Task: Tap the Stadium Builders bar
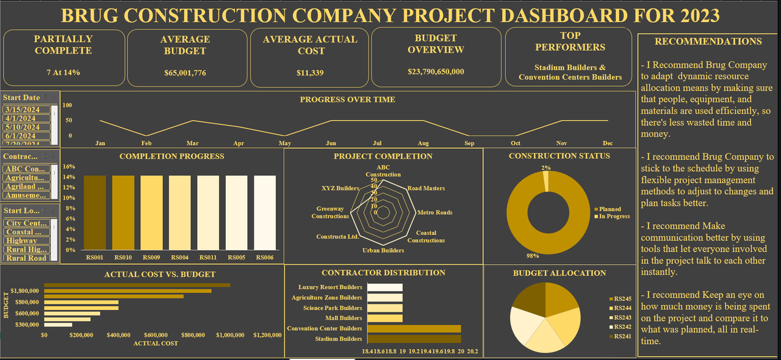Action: click(416, 339)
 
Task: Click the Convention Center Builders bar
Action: click(416, 328)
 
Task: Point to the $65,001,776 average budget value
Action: click(185, 73)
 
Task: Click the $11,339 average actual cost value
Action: click(310, 73)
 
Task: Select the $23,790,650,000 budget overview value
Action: click(436, 71)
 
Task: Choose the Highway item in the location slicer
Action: click(22, 240)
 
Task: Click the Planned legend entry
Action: click(610, 209)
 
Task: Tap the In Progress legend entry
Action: click(614, 216)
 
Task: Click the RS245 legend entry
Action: click(622, 298)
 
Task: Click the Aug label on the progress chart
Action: click(423, 143)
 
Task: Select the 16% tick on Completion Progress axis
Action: click(69, 166)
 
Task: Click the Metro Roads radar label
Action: click(434, 212)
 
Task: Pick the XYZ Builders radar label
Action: click(339, 189)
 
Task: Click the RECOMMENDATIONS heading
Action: click(708, 41)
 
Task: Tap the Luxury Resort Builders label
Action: click(330, 287)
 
